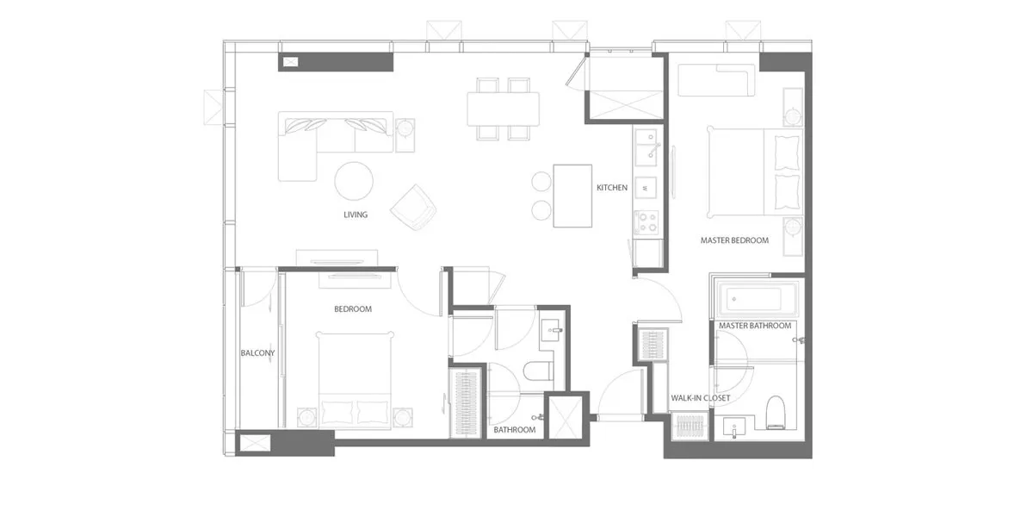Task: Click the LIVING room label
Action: [x=356, y=215]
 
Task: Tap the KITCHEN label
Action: [x=612, y=188]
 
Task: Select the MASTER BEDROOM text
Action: [x=734, y=240]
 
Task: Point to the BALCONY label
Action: [x=257, y=353]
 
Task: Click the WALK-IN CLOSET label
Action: [x=701, y=398]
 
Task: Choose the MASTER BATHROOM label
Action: [x=755, y=326]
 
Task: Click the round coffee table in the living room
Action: [x=354, y=181]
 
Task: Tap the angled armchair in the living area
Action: [x=414, y=208]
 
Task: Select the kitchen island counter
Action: [x=572, y=196]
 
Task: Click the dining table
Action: [x=503, y=109]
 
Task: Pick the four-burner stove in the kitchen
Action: [x=646, y=222]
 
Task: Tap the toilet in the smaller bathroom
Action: [x=539, y=371]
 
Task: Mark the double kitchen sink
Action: [x=646, y=147]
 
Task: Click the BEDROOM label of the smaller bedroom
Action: [x=353, y=309]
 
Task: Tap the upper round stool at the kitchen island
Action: [x=541, y=182]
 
